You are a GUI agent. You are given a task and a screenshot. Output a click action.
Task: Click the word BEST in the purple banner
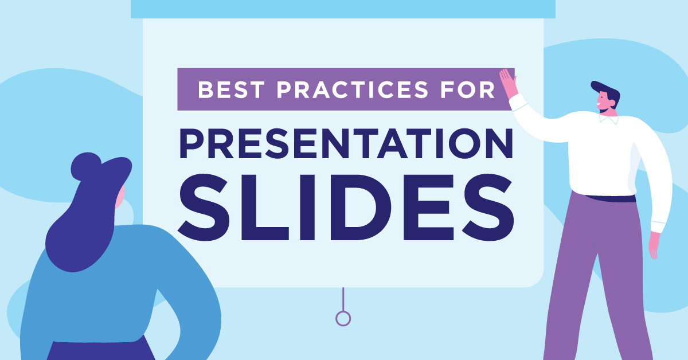[x=231, y=89]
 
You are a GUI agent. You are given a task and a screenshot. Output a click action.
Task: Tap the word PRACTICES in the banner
[x=352, y=89]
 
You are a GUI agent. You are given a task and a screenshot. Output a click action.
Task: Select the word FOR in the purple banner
[x=467, y=89]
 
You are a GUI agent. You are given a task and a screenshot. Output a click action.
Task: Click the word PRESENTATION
[x=346, y=143]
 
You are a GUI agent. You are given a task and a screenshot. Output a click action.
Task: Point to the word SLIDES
[x=346, y=208]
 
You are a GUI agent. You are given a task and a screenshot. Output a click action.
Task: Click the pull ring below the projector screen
[x=343, y=318]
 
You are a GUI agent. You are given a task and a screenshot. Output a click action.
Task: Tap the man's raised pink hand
[x=509, y=83]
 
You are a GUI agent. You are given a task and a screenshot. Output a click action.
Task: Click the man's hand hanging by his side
[x=654, y=245]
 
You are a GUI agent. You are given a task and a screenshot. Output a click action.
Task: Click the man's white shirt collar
[x=609, y=119]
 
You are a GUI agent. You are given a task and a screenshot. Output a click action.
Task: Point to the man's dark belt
[x=611, y=198]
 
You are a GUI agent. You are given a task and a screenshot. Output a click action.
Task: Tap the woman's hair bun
[x=85, y=166]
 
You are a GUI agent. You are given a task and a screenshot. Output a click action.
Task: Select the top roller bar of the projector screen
[x=343, y=9]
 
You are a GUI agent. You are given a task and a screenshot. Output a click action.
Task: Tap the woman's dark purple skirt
[x=101, y=350]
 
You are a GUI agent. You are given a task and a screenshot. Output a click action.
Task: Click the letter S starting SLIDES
[x=204, y=208]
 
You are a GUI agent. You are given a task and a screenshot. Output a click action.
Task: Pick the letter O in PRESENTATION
[x=464, y=143]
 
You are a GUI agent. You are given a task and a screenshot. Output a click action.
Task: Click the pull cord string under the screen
[x=343, y=299]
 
